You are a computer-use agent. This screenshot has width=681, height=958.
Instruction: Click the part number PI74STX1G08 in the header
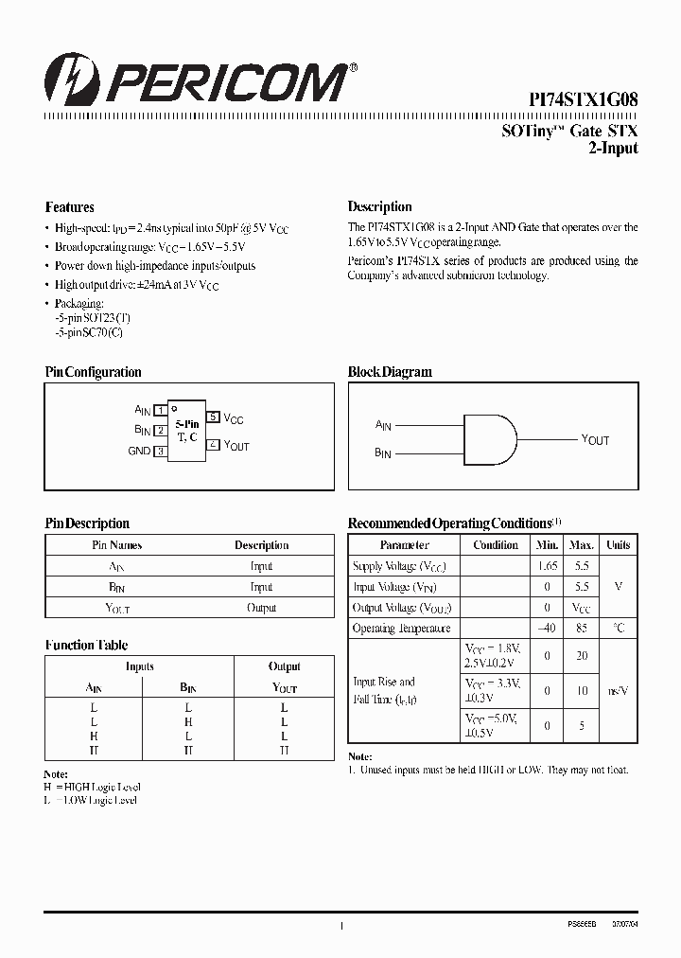(x=583, y=98)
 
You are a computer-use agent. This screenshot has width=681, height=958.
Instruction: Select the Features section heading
(x=70, y=207)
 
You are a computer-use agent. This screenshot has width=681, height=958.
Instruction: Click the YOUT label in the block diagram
(x=595, y=440)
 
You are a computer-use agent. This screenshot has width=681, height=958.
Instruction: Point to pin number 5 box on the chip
(x=214, y=417)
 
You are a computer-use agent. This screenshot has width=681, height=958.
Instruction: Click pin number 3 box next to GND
(x=161, y=452)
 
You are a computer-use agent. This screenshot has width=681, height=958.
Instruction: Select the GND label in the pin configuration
(x=139, y=452)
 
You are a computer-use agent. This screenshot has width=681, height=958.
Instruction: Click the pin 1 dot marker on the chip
(x=175, y=409)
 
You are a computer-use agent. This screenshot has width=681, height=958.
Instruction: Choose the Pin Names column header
(x=116, y=545)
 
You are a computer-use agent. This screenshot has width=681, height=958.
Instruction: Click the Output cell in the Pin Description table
(x=261, y=608)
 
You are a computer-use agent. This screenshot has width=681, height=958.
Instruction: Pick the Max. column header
(x=582, y=545)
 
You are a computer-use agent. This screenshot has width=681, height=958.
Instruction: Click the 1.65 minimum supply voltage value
(x=547, y=566)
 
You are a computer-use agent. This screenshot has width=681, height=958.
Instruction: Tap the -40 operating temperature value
(x=547, y=629)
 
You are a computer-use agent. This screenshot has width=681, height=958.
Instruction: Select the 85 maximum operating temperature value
(x=582, y=629)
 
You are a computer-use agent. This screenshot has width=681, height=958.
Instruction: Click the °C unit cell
(x=619, y=629)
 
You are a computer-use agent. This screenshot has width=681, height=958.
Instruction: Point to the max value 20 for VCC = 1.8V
(x=582, y=656)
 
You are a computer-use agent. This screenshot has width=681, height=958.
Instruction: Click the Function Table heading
(x=86, y=646)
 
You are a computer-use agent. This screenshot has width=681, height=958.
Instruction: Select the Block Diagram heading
(x=390, y=372)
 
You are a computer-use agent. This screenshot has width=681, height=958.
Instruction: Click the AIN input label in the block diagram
(x=383, y=427)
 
